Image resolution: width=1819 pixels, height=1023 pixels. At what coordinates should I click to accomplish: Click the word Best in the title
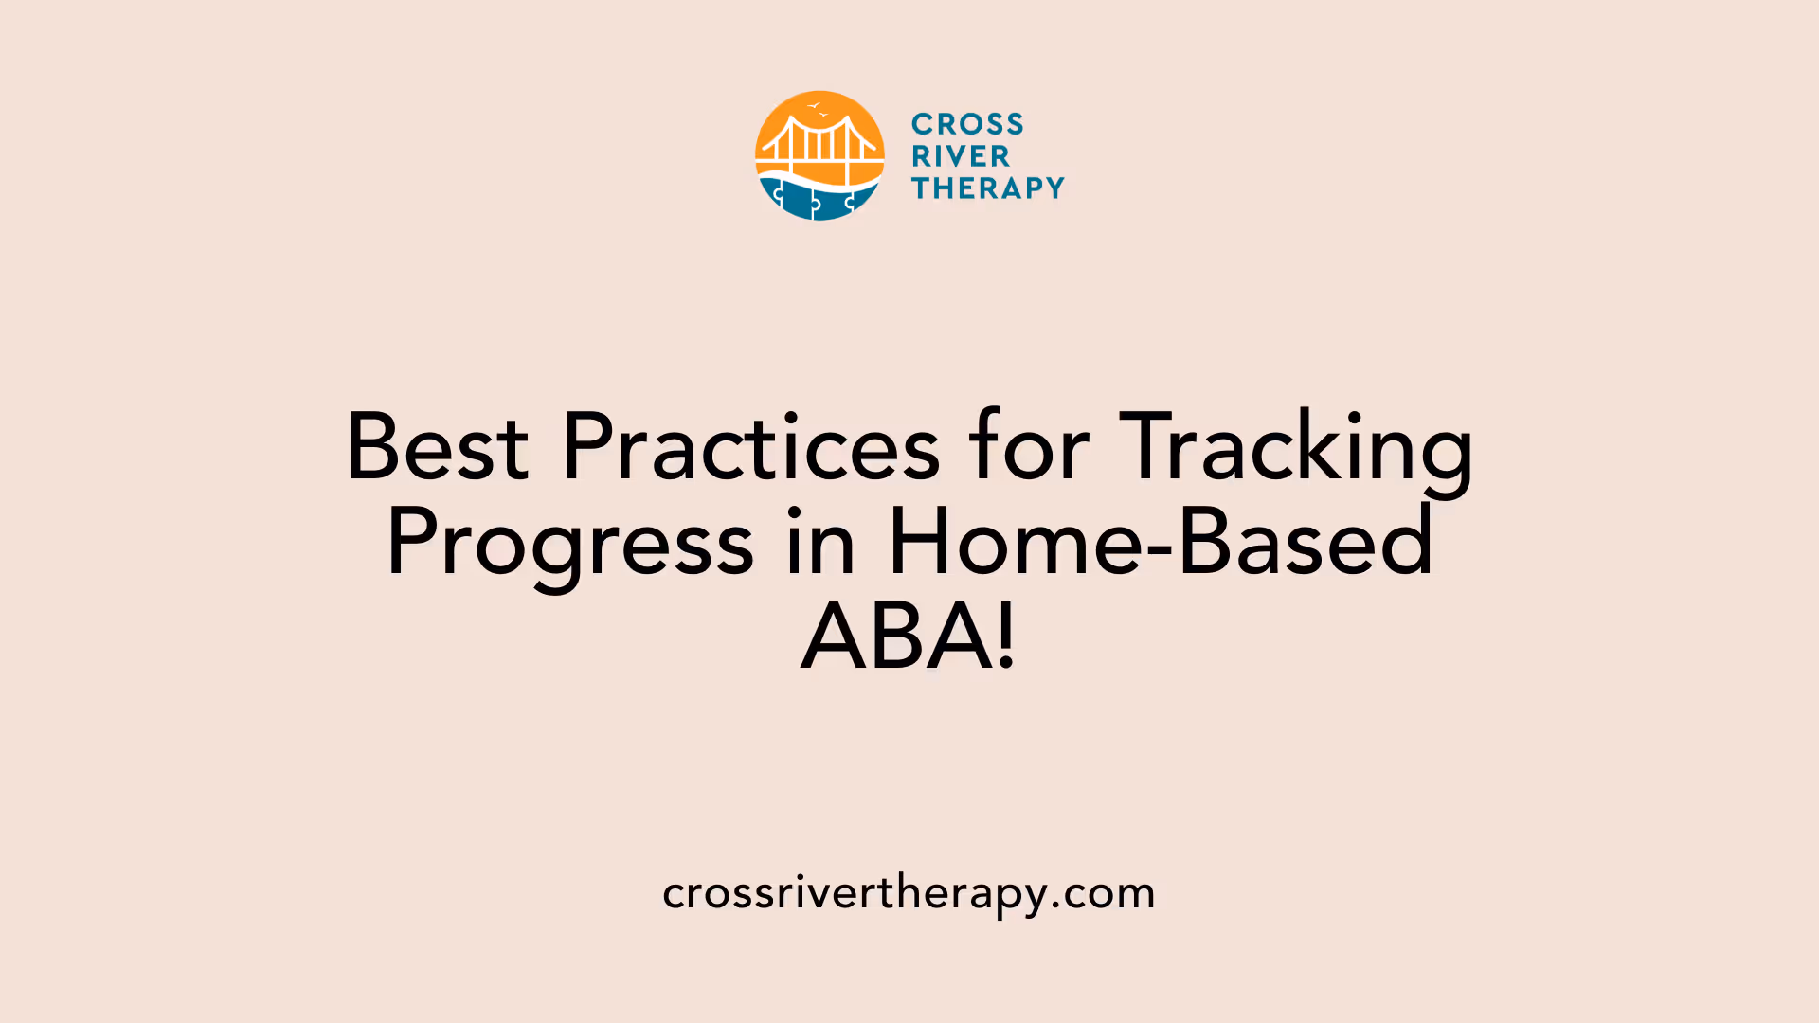(x=437, y=447)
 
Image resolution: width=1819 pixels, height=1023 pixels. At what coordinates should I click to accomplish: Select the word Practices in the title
(x=750, y=447)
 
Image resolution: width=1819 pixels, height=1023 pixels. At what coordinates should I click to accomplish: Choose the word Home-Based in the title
(x=1161, y=542)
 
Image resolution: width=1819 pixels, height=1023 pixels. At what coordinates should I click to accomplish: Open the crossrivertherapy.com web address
(x=909, y=893)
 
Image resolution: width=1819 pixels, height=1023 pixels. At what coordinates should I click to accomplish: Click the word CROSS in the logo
(x=967, y=124)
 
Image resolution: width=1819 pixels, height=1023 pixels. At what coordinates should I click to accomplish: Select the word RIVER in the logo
(x=961, y=156)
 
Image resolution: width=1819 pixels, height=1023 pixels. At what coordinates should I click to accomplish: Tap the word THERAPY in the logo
(x=988, y=188)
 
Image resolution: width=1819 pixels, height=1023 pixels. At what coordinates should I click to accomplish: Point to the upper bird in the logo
(x=813, y=106)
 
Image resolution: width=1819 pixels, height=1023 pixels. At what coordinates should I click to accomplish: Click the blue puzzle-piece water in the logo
(x=819, y=200)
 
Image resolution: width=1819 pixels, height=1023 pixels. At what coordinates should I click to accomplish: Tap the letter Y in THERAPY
(x=1054, y=188)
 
